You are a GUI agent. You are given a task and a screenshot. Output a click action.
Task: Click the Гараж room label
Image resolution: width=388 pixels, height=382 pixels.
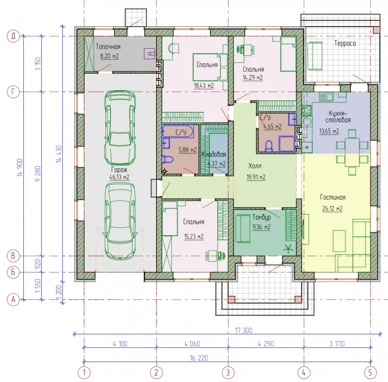coord(119,170)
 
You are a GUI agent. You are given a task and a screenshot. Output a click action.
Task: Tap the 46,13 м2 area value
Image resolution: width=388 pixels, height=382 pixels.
coord(119,177)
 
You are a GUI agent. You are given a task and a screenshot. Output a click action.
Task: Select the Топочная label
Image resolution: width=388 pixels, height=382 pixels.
coord(108,47)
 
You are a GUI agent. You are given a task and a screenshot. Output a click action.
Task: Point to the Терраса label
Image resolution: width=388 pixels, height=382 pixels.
coord(345,44)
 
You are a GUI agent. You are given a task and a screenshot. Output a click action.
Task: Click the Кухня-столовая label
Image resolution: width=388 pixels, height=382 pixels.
coord(338,117)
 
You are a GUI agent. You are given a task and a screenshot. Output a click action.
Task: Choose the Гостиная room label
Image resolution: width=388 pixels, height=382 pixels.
coord(333,197)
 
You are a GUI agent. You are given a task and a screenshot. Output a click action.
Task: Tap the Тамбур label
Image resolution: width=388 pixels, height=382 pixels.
coord(262,217)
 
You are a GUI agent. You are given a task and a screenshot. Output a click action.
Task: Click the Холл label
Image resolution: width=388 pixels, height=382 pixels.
coord(255,166)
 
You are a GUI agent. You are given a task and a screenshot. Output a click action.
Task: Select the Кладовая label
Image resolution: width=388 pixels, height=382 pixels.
coord(214,154)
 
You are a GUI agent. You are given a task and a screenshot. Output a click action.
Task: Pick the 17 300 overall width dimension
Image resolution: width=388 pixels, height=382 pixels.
coord(244,330)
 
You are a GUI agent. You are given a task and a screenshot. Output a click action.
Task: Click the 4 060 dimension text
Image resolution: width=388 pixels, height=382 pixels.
coord(192,344)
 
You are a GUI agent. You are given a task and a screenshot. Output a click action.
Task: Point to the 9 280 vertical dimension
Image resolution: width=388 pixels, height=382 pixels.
coord(38,174)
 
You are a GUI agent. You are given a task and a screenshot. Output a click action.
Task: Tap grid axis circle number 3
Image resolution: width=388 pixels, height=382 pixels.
coord(228,372)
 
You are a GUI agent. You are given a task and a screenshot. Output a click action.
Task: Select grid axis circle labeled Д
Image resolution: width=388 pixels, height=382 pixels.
coord(13,36)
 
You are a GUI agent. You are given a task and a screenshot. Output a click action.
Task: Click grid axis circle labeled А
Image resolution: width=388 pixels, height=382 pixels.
coord(13,300)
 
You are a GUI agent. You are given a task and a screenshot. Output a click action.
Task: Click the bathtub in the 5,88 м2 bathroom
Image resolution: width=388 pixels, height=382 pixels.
coord(178,131)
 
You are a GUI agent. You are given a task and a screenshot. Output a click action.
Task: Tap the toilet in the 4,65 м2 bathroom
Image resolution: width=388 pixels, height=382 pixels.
coord(268,146)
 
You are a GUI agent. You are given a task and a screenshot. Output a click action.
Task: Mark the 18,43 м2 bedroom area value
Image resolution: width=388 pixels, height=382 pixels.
coord(203,86)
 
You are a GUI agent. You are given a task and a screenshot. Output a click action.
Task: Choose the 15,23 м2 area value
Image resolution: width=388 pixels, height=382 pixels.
coord(194,237)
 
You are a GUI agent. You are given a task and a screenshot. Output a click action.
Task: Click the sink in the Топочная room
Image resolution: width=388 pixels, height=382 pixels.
coord(150,54)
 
